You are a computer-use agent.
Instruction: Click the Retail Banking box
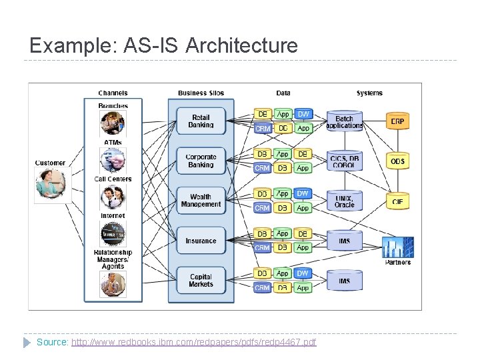click(201, 121)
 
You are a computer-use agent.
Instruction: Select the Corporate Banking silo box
click(201, 161)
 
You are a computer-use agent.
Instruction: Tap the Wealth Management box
click(201, 201)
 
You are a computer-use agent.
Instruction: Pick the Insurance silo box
click(201, 241)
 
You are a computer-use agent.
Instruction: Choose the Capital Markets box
click(201, 281)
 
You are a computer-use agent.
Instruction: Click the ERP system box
click(397, 121)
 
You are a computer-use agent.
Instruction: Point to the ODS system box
click(397, 161)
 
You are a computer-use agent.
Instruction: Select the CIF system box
click(397, 201)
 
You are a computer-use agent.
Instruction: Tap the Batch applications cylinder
click(344, 122)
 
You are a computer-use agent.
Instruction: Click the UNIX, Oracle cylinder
click(344, 201)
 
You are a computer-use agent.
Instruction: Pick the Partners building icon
click(397, 247)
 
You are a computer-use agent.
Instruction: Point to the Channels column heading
click(113, 93)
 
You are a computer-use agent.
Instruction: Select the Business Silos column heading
click(201, 93)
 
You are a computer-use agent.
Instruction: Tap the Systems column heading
click(369, 93)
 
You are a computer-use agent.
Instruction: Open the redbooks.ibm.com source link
click(193, 342)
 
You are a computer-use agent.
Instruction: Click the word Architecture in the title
click(241, 46)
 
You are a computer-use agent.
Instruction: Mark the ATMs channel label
click(113, 142)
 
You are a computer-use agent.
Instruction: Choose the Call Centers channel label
click(113, 179)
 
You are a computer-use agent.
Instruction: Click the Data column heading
click(283, 93)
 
